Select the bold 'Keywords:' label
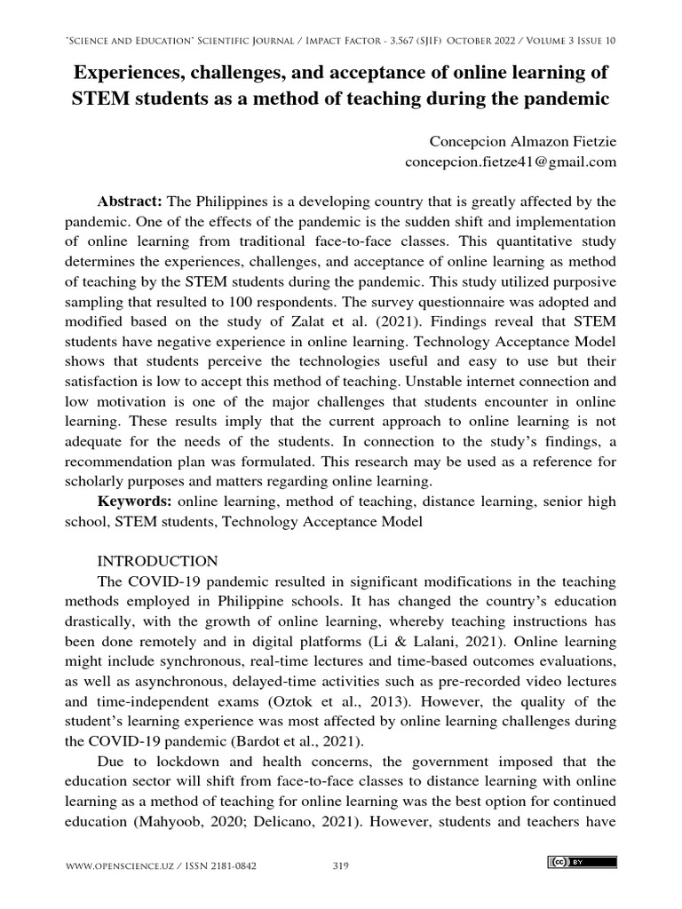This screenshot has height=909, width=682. pyautogui.click(x=136, y=502)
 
